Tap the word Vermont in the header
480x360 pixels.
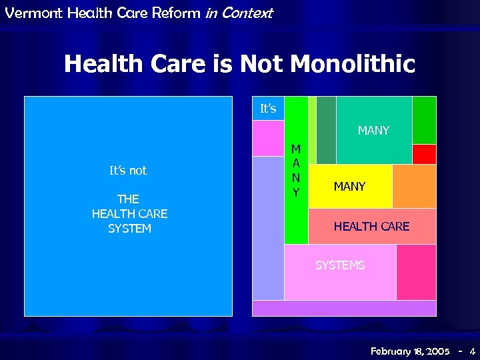pyautogui.click(x=25, y=13)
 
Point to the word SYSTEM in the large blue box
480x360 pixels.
pyautogui.click(x=129, y=229)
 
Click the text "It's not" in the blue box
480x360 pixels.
pyautogui.click(x=128, y=171)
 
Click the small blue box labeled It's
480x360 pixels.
pyautogui.click(x=268, y=108)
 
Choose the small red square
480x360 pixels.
pyautogui.click(x=424, y=154)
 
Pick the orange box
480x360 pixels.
pyautogui.click(x=414, y=186)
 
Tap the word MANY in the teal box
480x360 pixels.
pyautogui.click(x=373, y=131)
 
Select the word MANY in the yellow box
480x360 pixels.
pyautogui.click(x=349, y=187)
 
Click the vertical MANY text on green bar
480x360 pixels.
pyautogui.click(x=296, y=171)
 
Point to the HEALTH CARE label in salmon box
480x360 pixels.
pyautogui.click(x=371, y=227)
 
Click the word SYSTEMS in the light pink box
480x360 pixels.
pyautogui.click(x=340, y=265)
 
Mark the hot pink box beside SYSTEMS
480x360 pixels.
pyautogui.click(x=416, y=272)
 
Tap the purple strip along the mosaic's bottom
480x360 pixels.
pyautogui.click(x=344, y=308)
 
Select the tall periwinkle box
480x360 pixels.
pyautogui.click(x=268, y=227)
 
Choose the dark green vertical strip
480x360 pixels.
pyautogui.click(x=326, y=130)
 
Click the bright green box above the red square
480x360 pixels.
pyautogui.click(x=424, y=120)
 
